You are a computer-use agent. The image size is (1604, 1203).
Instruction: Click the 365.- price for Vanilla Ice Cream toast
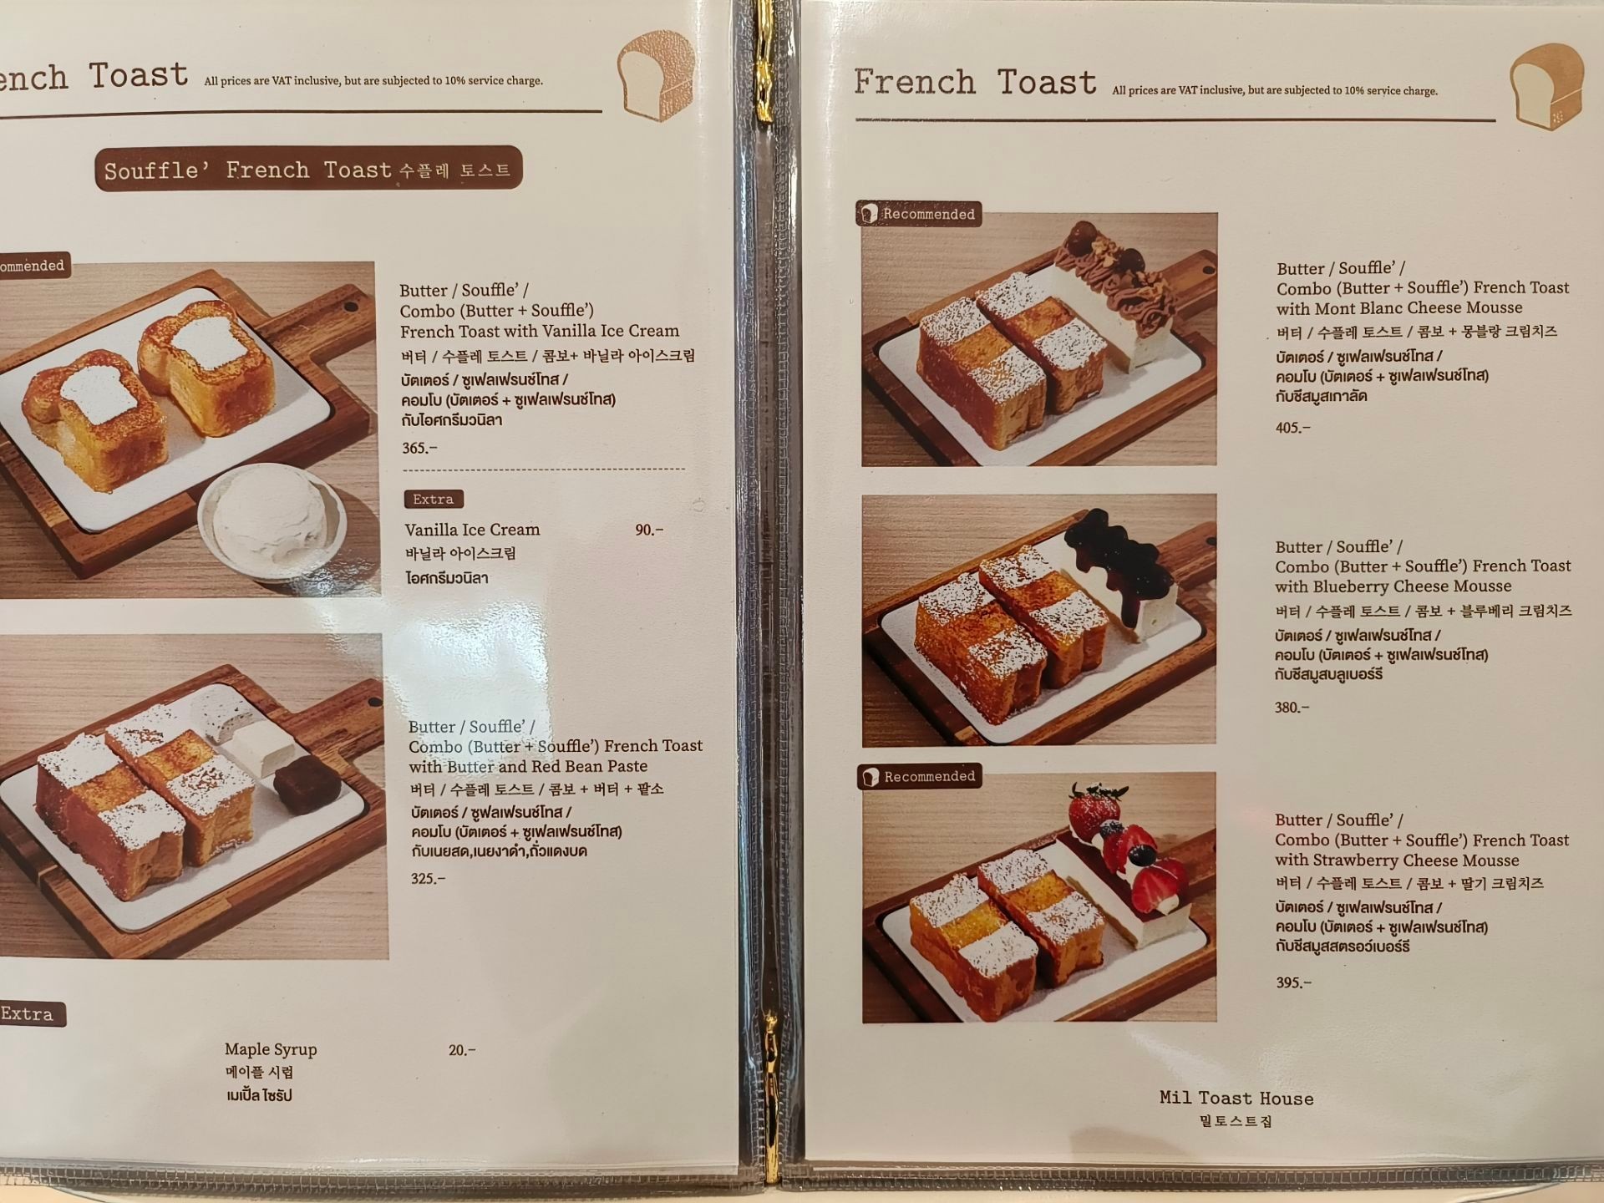[x=419, y=449]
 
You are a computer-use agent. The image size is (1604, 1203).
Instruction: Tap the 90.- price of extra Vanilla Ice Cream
[x=649, y=530]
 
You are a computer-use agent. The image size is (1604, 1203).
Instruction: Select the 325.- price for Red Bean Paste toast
[x=428, y=879]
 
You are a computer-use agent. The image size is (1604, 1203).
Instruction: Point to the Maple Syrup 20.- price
[x=462, y=1051]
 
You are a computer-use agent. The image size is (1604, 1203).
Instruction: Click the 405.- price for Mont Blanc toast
[x=1292, y=429]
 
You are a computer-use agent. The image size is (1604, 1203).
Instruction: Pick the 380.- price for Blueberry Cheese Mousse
[x=1292, y=708]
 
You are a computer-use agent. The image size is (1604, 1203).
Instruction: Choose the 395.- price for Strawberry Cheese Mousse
[x=1293, y=983]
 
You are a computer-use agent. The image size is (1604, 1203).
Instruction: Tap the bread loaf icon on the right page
[x=1546, y=88]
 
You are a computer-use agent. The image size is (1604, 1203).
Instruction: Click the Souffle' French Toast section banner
[x=307, y=170]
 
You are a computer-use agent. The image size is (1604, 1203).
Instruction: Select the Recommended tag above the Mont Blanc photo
[x=918, y=215]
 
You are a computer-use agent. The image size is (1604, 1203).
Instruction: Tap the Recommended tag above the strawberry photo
[x=919, y=777]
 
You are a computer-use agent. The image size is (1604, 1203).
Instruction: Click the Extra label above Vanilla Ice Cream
[x=433, y=500]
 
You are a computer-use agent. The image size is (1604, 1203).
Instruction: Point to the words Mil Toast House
[x=1236, y=1099]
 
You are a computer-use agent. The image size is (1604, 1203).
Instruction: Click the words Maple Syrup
[x=271, y=1050]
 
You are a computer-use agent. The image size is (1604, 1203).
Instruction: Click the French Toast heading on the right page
[x=974, y=83]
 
